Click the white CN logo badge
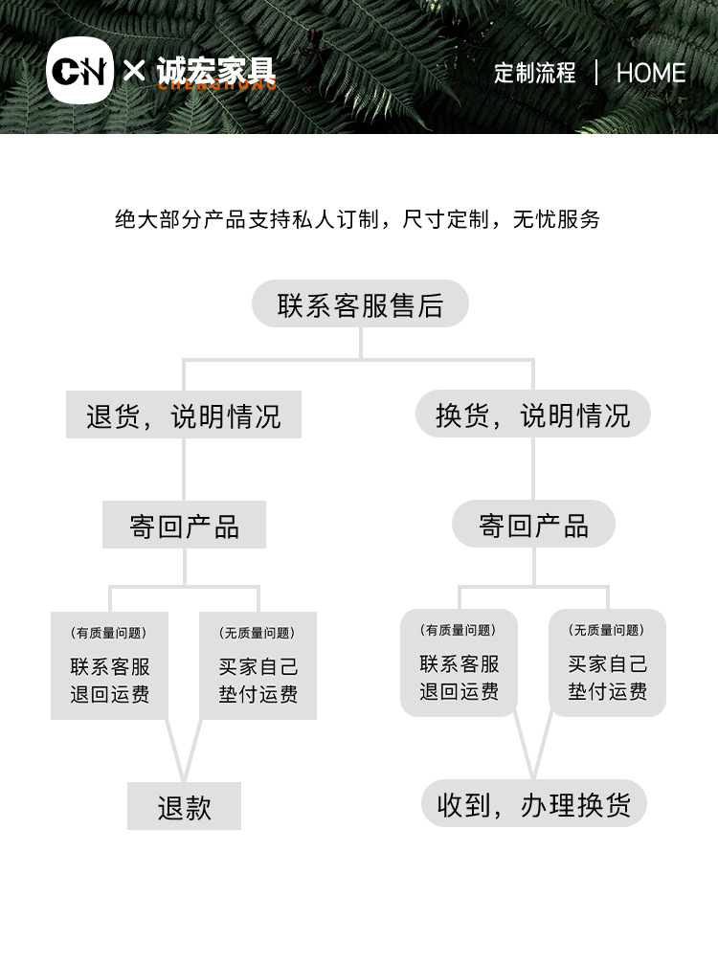pyautogui.click(x=79, y=73)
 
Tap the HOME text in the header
pyautogui.click(x=651, y=73)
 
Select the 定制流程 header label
pyautogui.click(x=535, y=73)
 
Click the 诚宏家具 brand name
pyautogui.click(x=215, y=71)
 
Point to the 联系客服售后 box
pyautogui.click(x=360, y=304)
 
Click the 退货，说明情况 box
pyautogui.click(x=184, y=415)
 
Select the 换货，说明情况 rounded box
pyautogui.click(x=533, y=415)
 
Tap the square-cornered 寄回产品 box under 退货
pyautogui.click(x=184, y=526)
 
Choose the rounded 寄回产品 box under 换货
pyautogui.click(x=533, y=525)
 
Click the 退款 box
pyautogui.click(x=184, y=807)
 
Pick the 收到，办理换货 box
pyautogui.click(x=533, y=805)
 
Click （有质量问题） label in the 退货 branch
pyautogui.click(x=109, y=633)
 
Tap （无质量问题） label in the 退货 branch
pyautogui.click(x=258, y=633)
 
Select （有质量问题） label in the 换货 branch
pyautogui.click(x=459, y=630)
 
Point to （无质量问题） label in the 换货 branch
pyautogui.click(x=607, y=630)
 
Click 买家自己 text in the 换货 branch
pyautogui.click(x=607, y=663)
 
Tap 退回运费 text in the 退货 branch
pyautogui.click(x=109, y=694)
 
